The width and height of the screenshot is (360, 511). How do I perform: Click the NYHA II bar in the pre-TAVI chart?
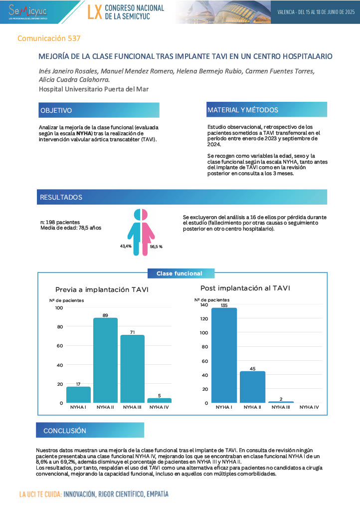click(x=105, y=360)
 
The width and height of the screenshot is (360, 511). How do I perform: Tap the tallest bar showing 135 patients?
click(x=224, y=355)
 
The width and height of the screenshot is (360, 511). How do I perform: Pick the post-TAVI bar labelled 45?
click(x=252, y=387)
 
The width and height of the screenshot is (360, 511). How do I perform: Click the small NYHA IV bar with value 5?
click(x=159, y=400)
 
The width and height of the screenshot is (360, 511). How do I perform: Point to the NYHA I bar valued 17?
click(x=78, y=394)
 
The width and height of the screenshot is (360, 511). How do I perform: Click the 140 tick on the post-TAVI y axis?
click(x=204, y=305)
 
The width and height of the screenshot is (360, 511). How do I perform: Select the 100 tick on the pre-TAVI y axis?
click(x=59, y=308)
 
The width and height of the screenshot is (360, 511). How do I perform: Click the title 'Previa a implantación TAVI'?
click(x=102, y=290)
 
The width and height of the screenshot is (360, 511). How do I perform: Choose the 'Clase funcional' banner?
click(x=180, y=273)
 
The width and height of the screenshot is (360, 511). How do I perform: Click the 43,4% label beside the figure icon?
click(x=126, y=246)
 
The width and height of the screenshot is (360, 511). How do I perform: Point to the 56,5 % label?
click(x=156, y=247)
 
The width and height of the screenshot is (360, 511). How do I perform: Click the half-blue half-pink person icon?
click(x=141, y=230)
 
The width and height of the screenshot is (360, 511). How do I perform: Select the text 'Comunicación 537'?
click(x=49, y=38)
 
